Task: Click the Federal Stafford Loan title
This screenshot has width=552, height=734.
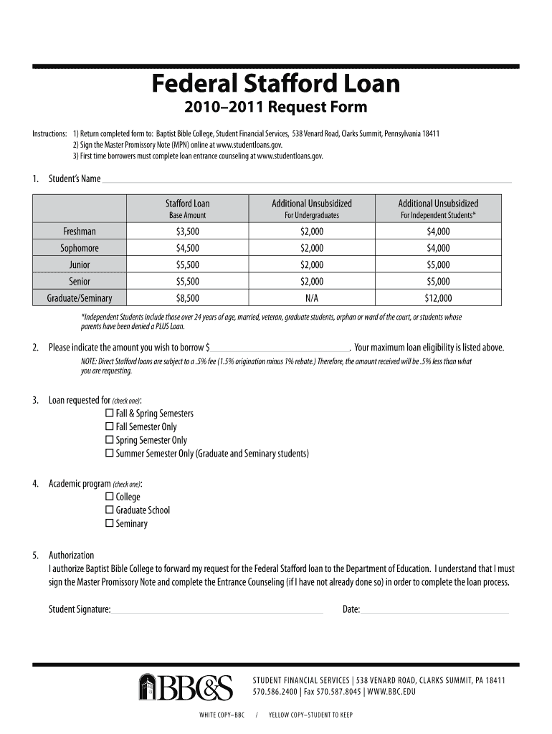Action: coord(275,85)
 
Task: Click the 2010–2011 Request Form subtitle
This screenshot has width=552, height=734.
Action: coord(275,108)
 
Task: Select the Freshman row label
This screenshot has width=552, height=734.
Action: coord(80,232)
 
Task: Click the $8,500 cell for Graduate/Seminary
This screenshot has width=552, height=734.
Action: coord(187,298)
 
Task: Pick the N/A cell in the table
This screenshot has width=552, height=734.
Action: coord(311,298)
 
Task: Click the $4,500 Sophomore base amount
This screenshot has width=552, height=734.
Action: coord(187,248)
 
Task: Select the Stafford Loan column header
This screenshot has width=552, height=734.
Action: coord(187,204)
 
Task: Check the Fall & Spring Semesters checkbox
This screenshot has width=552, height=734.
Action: coord(110,414)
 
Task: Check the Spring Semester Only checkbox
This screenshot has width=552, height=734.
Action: coord(110,440)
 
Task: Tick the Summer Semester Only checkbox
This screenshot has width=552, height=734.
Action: coord(110,454)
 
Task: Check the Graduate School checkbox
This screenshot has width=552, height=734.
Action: coord(110,510)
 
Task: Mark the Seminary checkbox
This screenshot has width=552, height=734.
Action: coord(110,524)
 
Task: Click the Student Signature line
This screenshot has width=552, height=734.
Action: coord(217,610)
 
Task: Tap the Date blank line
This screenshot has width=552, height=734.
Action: coord(434,610)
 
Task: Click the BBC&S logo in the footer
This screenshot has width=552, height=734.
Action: coord(186,687)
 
